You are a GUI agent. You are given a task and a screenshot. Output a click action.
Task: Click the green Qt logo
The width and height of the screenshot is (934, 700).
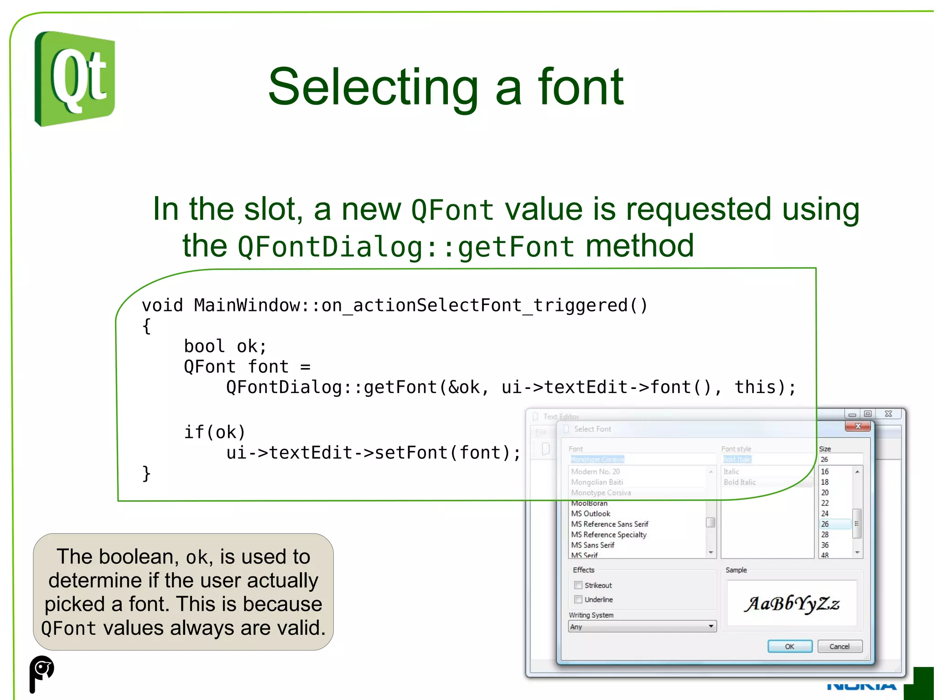click(x=75, y=78)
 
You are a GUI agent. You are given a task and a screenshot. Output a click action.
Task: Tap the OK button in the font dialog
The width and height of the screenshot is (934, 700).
click(x=789, y=646)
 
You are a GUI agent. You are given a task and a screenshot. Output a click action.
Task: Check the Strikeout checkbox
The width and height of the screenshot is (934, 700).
click(x=578, y=585)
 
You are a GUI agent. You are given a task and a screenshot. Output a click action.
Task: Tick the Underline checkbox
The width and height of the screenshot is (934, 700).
click(x=578, y=599)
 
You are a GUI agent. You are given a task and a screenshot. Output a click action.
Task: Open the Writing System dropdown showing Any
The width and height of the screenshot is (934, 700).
click(x=642, y=627)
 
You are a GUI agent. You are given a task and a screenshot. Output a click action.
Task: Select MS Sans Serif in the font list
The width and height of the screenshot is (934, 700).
click(x=593, y=545)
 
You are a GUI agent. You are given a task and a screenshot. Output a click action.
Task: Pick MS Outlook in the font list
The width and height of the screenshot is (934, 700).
click(x=591, y=513)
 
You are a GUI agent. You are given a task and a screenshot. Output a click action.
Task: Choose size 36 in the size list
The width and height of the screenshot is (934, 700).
click(x=825, y=545)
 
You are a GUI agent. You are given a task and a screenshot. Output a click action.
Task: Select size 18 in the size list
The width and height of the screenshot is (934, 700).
click(x=825, y=482)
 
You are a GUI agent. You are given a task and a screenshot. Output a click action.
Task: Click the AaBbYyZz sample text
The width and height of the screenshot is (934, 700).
click(x=792, y=603)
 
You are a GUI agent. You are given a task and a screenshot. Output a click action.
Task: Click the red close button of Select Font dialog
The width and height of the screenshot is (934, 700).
click(x=858, y=426)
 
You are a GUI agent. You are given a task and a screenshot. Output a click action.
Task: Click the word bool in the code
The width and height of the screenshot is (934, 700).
click(x=204, y=346)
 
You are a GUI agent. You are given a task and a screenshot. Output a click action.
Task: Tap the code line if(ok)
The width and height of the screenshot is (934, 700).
click(x=214, y=432)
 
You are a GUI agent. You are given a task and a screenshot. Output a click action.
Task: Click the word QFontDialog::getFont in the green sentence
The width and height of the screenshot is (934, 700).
click(x=405, y=247)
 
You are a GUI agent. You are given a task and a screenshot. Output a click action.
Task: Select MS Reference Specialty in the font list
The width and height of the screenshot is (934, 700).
click(x=609, y=534)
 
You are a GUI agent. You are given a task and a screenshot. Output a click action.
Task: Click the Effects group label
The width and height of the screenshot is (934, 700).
click(x=583, y=570)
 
